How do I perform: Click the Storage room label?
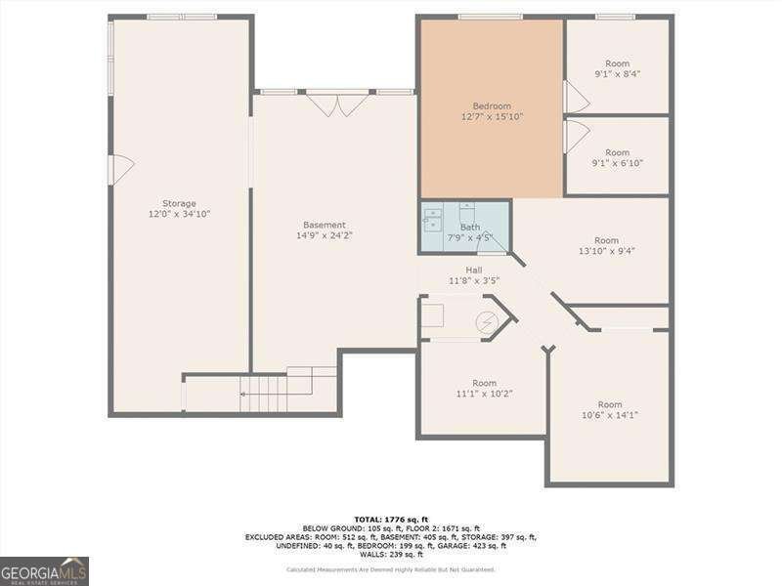179,203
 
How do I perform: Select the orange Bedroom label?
492,106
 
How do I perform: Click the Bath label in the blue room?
470,227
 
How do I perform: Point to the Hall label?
474,271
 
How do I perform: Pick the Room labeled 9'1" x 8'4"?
617,63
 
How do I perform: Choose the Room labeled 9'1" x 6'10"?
617,152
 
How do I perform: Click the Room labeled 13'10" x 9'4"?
606,240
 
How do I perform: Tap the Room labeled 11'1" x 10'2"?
484,383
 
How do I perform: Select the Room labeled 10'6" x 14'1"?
609,404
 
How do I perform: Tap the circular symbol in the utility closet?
486,322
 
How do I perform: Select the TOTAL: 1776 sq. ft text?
390,520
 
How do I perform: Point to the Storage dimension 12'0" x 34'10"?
179,214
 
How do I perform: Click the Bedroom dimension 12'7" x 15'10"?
492,117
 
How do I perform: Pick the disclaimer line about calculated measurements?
390,569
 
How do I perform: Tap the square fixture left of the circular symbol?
432,315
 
